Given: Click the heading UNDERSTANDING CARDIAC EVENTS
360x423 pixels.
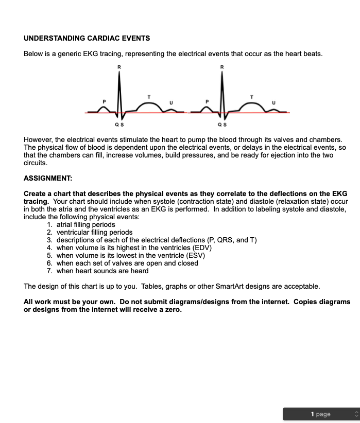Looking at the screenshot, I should coord(87,38).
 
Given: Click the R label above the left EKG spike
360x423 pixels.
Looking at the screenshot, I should coord(119,67).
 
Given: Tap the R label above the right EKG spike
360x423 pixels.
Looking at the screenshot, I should coord(222,67).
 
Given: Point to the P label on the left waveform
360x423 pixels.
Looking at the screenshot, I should coord(105,101).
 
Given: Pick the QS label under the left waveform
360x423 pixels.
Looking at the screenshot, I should coord(119,125).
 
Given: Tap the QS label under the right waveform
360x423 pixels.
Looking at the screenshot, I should coord(221,125).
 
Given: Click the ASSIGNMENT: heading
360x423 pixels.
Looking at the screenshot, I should coord(48,178).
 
